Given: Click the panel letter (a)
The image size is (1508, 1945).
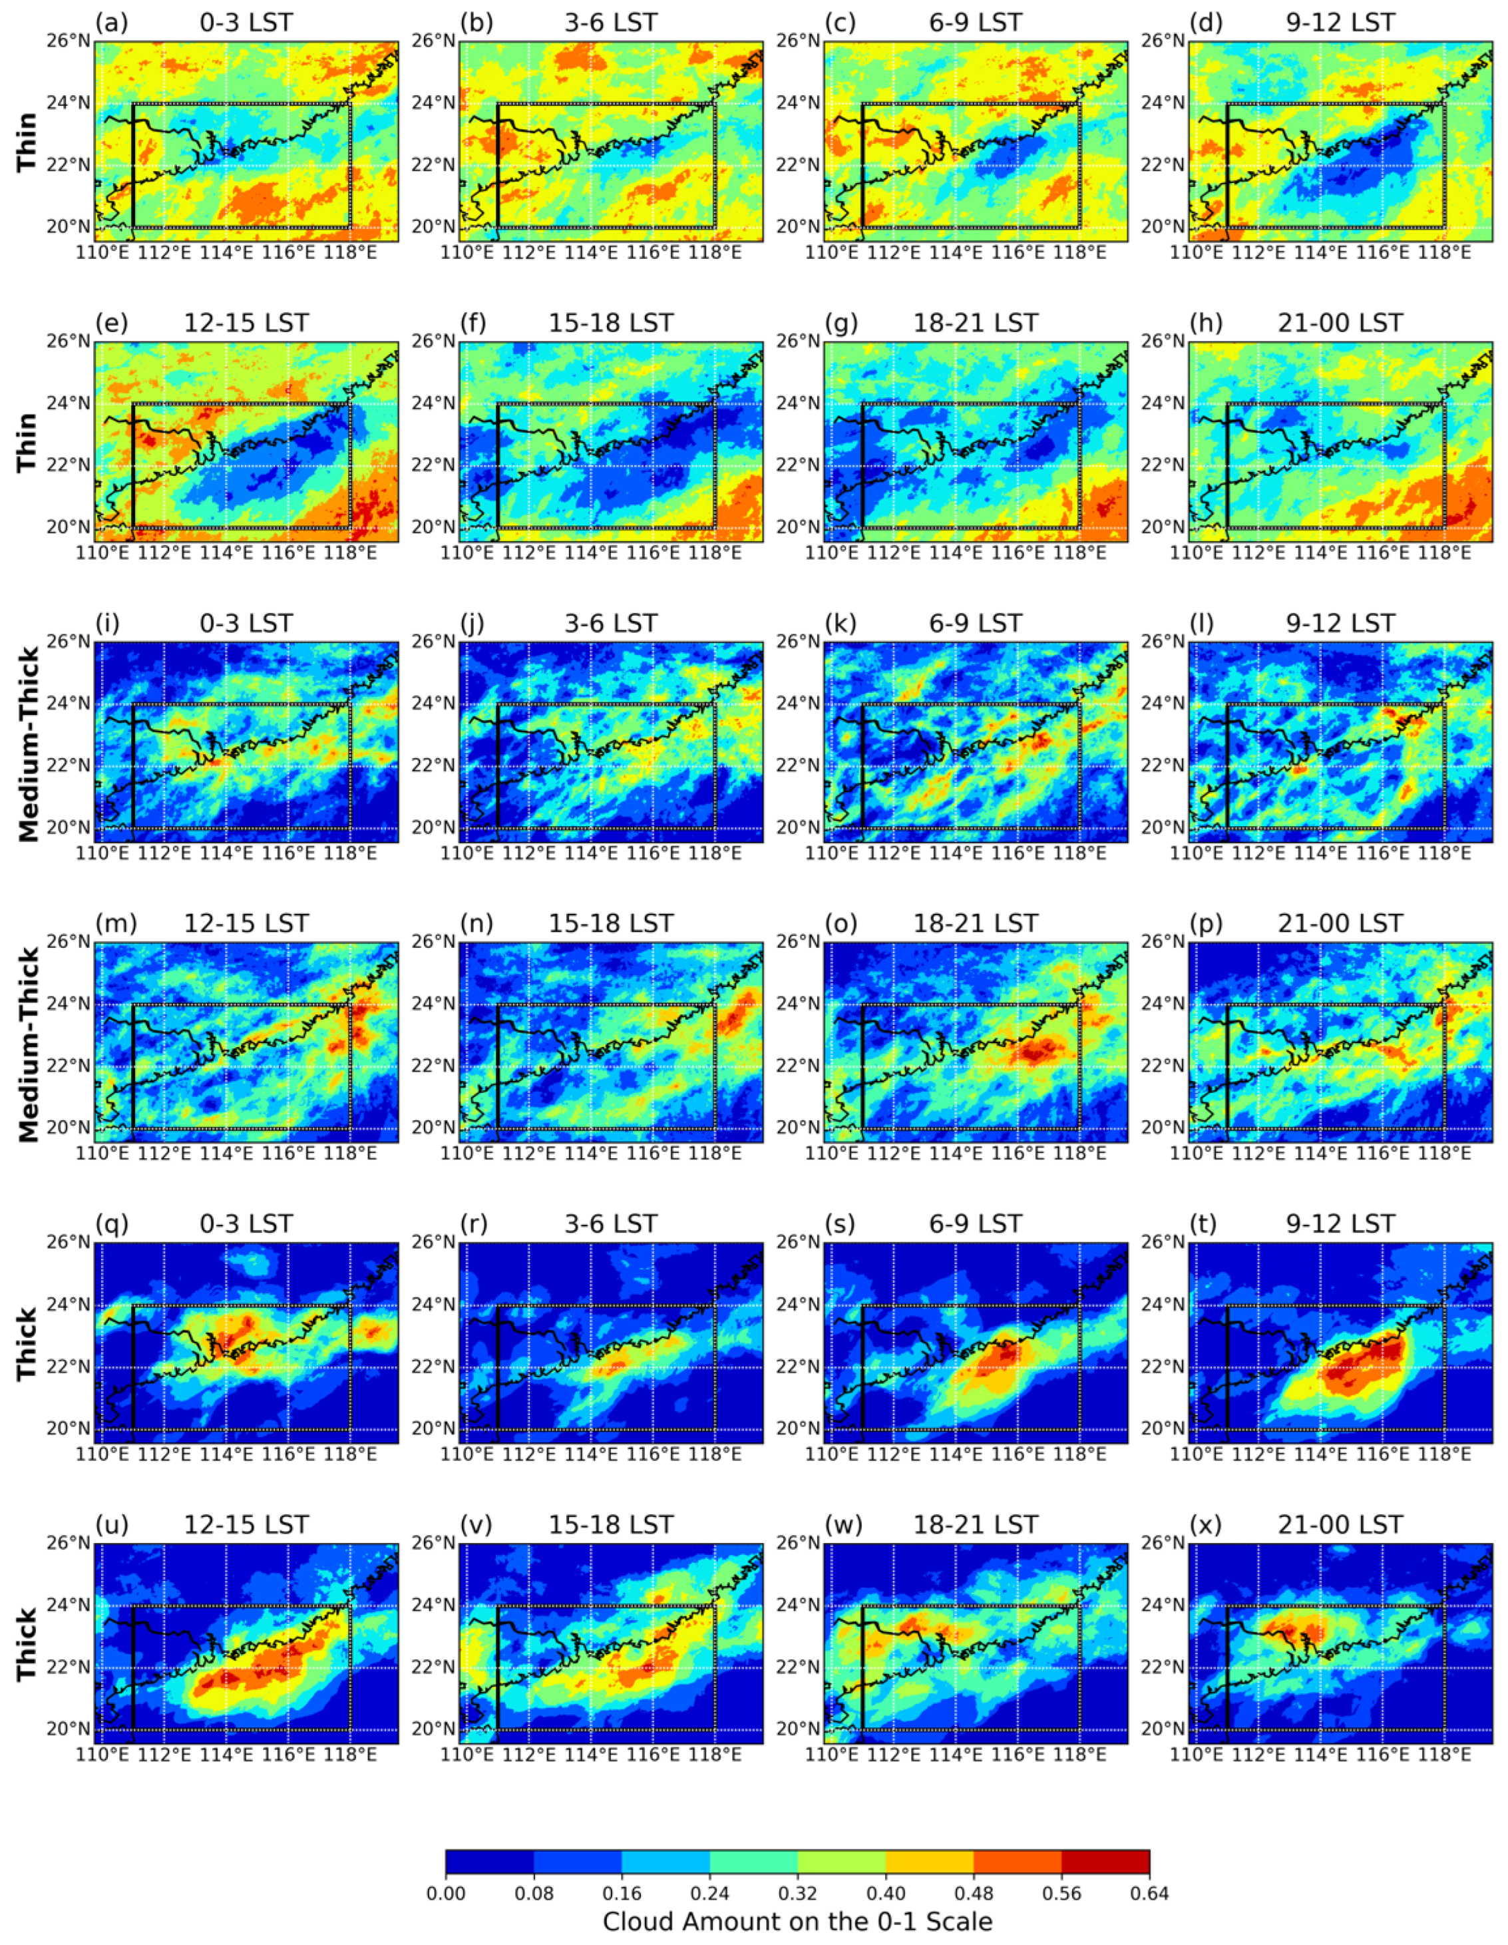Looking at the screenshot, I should coord(112,22).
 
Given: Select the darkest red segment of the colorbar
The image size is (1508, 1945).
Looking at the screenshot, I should coord(1105,1861).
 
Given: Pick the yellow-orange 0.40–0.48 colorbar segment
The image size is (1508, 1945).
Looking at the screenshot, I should coord(930,1861).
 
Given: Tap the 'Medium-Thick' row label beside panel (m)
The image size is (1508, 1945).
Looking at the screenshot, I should coord(27,1043).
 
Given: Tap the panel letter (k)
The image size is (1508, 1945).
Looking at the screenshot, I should coord(841,624).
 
